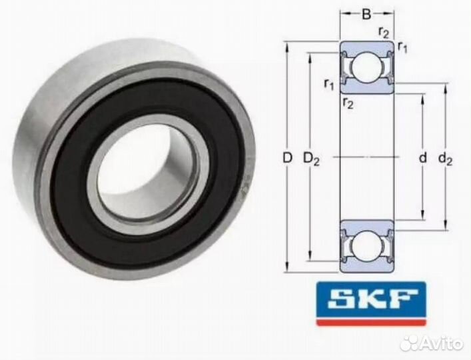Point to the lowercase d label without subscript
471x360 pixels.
click(422, 159)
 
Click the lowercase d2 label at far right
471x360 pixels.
click(445, 159)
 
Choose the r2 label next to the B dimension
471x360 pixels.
click(384, 31)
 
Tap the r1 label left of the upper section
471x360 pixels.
click(328, 83)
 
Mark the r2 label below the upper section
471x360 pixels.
click(348, 102)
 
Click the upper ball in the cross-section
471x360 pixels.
click(366, 68)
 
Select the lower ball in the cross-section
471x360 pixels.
click(366, 246)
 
